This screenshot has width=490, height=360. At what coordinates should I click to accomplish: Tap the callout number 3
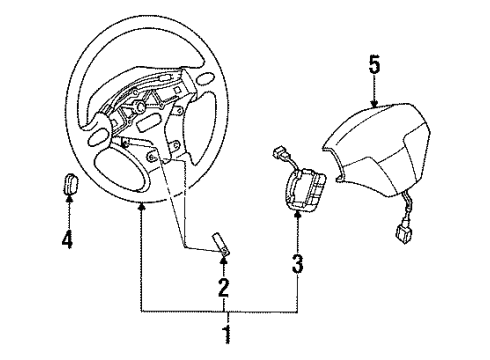pos(297,263)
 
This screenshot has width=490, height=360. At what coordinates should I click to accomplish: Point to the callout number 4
pos(67,239)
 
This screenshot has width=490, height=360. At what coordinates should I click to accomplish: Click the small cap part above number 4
pos(70,184)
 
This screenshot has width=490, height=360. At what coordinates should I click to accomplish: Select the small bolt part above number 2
pos(220,244)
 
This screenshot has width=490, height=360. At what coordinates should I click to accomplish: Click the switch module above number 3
pos(304,189)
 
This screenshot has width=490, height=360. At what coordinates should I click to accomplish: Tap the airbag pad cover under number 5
pos(377,149)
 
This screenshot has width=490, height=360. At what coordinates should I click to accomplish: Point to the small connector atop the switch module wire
pos(279,153)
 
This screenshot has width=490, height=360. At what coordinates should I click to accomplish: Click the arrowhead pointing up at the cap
pos(69,199)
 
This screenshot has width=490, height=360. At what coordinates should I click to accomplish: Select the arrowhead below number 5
pos(374,103)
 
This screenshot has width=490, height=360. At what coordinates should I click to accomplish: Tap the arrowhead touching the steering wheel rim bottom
pos(142,206)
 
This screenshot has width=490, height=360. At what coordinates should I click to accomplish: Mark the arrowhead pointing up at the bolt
pos(224,260)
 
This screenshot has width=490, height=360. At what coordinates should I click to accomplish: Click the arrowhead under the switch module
pos(297,215)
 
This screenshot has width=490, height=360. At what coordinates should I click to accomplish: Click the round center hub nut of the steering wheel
pos(140,107)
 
